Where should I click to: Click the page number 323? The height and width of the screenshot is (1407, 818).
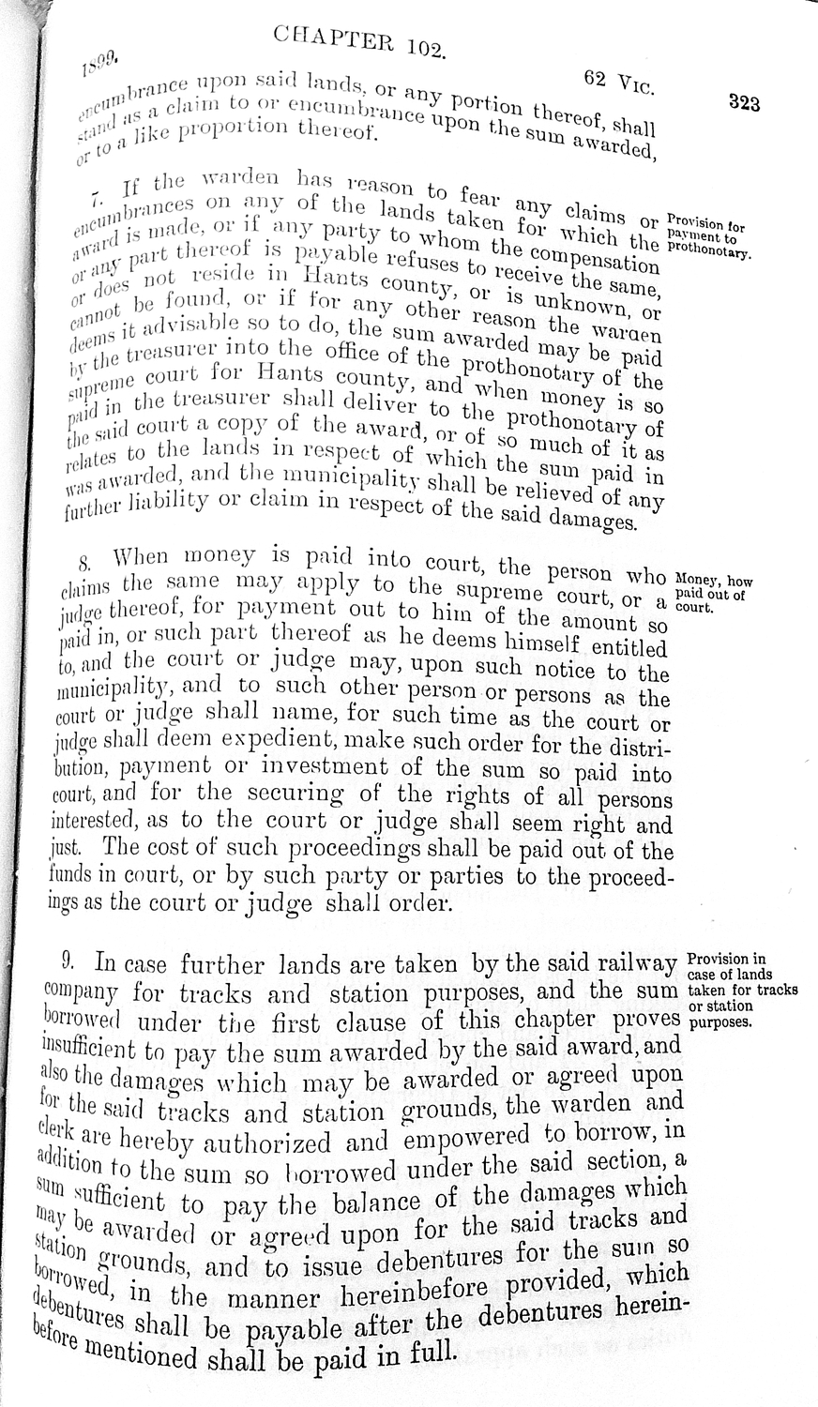(x=743, y=103)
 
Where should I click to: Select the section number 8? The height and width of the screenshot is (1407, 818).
(x=85, y=565)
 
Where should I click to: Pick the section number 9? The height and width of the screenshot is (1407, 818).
(x=68, y=961)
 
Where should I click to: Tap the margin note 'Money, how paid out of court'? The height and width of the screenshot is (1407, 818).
(x=712, y=594)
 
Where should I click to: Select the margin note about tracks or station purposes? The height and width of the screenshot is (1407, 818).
(x=742, y=991)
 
